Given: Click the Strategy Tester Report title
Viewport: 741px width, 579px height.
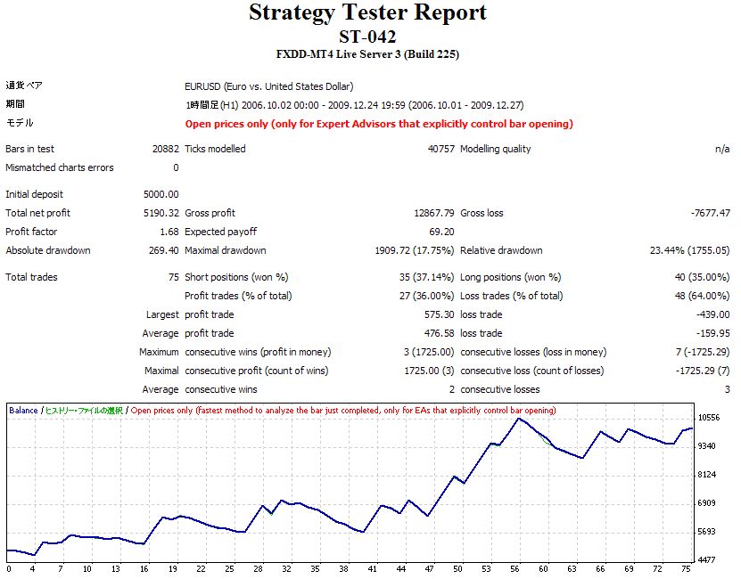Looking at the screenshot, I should coord(367,12).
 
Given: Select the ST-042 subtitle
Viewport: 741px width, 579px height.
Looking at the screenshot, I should coord(367,37).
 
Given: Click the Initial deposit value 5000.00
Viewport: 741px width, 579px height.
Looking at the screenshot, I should coord(161,194).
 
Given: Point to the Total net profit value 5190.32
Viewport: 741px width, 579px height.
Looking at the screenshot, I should coord(161,213).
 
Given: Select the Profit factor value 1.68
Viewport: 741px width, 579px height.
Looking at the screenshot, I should coord(169,232).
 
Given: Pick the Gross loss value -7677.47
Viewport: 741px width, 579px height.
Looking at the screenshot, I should coord(710,213).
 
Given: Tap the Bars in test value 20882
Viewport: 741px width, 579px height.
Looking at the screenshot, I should coord(165,149).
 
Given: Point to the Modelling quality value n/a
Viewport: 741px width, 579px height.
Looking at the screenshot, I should coord(721,149).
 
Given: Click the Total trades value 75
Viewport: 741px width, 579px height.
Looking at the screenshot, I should coord(173,277).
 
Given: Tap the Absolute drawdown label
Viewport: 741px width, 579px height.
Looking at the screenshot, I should coord(48,250).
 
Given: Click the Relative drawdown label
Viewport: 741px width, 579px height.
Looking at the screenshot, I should coord(501,250).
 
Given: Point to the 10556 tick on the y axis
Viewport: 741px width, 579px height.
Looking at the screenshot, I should coord(708,417).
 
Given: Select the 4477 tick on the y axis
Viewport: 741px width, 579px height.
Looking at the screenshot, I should coord(708,560).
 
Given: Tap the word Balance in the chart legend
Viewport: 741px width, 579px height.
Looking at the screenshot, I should coord(23,411).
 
